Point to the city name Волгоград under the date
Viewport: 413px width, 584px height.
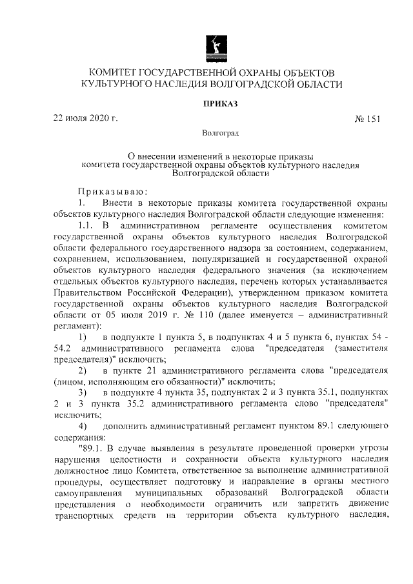(x=220, y=133)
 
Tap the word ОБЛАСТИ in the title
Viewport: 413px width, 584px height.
(x=315, y=84)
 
